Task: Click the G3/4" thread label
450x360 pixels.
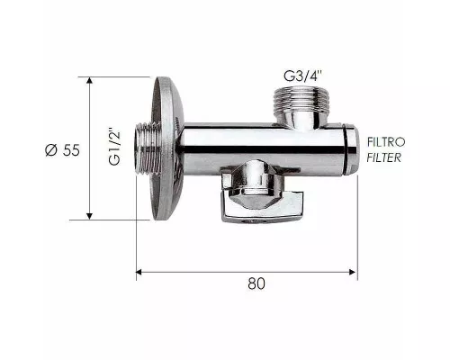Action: point(303,76)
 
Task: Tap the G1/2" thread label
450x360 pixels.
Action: point(114,148)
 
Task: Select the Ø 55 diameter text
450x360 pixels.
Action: point(62,150)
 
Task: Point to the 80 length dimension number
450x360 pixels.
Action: point(256,283)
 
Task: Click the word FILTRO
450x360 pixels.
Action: point(386,142)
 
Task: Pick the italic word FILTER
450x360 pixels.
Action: point(384,157)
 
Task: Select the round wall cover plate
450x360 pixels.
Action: point(166,148)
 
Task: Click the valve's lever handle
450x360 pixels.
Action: point(263,208)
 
